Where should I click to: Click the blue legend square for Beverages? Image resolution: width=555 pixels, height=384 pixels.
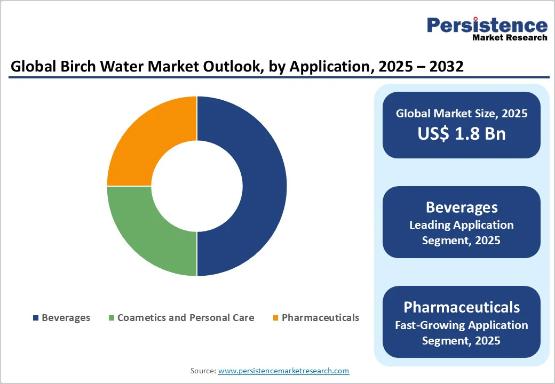click(36, 318)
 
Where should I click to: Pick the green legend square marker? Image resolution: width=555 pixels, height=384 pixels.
click(112, 318)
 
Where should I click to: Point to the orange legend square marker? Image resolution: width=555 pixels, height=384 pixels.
click(275, 318)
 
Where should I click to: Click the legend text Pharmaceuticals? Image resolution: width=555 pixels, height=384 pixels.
click(320, 318)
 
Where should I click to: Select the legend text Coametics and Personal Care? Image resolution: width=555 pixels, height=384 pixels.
click(186, 318)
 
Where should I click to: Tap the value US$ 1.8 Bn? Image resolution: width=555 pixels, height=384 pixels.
click(462, 133)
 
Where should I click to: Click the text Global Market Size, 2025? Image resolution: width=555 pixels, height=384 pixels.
click(462, 113)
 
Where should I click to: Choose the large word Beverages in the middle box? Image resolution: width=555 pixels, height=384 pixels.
click(462, 207)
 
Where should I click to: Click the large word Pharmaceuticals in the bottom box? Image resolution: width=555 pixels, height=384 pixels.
click(462, 307)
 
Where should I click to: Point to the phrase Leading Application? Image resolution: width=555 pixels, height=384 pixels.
click(462, 225)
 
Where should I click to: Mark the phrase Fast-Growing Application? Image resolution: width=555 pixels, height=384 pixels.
click(462, 325)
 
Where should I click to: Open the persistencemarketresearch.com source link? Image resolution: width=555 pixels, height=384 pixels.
click(283, 371)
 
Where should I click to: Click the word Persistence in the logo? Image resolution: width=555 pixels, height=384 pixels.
click(487, 25)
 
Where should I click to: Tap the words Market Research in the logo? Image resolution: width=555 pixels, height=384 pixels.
click(510, 37)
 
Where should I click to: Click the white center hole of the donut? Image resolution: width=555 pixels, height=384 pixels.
click(197, 186)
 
